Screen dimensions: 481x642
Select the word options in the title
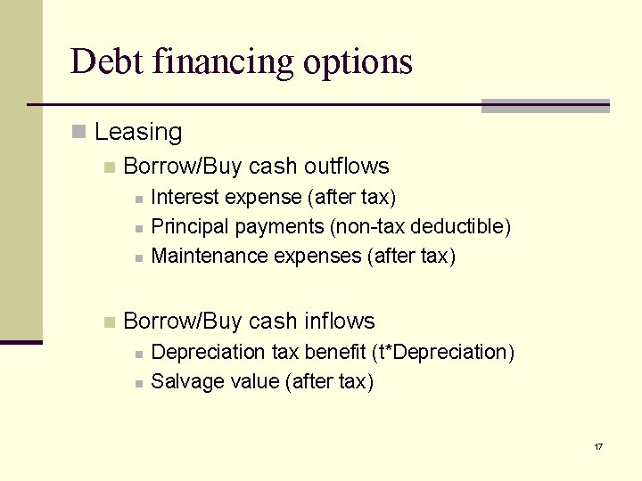coord(358,61)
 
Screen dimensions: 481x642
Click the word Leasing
coord(138,133)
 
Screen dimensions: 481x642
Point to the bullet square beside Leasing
coord(78,133)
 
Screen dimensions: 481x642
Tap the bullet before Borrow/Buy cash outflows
coord(109,167)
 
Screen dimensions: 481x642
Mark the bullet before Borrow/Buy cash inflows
coord(109,322)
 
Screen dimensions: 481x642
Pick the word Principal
coord(191,227)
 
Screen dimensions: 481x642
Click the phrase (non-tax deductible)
coord(421,227)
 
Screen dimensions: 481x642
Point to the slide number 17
coord(597,446)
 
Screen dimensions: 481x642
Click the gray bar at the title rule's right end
coord(545,106)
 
